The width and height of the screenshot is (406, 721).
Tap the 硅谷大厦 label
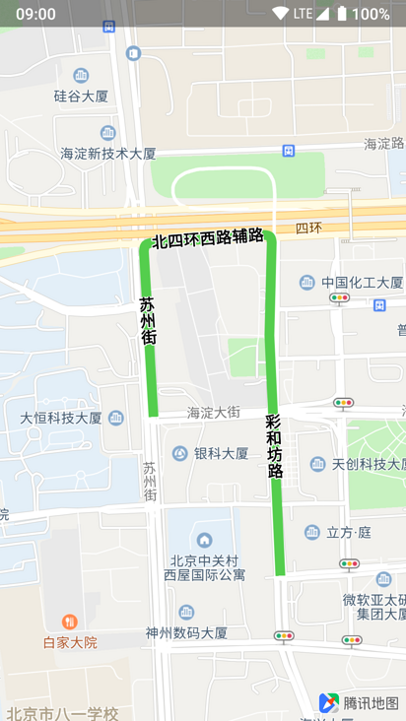(x=81, y=97)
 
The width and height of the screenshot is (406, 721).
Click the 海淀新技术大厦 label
(x=108, y=154)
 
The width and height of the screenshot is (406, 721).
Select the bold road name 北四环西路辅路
(x=207, y=238)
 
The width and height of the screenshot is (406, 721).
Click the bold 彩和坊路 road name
(x=275, y=446)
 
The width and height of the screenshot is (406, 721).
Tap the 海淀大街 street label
(x=213, y=413)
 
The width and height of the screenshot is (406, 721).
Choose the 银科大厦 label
(x=221, y=454)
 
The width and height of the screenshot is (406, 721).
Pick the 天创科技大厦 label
(x=368, y=464)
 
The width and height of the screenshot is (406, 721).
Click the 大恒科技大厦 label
(x=61, y=418)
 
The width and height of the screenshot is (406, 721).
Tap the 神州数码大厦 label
(x=186, y=633)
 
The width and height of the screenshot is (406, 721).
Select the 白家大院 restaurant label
(x=70, y=642)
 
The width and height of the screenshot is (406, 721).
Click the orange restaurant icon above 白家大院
(x=69, y=622)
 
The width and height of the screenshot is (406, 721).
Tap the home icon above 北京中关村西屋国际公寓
(x=204, y=540)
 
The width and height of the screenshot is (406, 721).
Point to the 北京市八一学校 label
(x=62, y=713)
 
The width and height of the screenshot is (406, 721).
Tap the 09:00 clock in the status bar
(x=35, y=14)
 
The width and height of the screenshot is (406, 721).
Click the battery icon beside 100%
(x=341, y=14)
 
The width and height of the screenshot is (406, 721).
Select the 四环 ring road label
(x=308, y=229)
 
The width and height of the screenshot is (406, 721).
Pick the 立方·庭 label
(x=349, y=533)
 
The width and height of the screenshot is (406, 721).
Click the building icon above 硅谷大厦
(x=81, y=76)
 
